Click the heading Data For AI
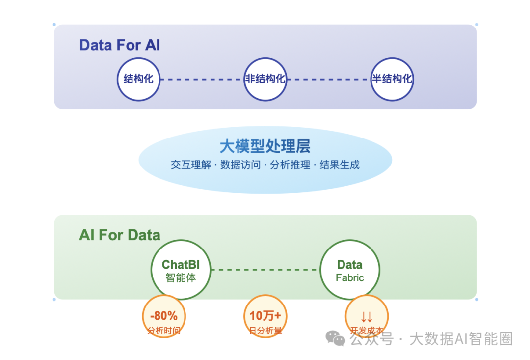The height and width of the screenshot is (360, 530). (x=120, y=45)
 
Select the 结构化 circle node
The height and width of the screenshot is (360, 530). (x=138, y=79)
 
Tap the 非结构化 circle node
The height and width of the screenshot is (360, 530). (x=265, y=79)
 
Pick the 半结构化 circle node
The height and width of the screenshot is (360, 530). (x=392, y=79)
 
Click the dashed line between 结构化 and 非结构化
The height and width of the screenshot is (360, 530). (x=202, y=79)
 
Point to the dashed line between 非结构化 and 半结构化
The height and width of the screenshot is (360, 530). (x=328, y=79)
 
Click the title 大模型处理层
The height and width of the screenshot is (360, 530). (x=265, y=146)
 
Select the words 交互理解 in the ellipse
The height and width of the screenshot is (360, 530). (x=191, y=165)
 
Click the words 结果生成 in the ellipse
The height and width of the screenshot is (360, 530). (x=340, y=165)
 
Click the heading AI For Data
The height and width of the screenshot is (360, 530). (x=120, y=235)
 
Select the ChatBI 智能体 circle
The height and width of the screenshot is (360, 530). (x=181, y=270)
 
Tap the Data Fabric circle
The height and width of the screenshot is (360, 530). (x=349, y=270)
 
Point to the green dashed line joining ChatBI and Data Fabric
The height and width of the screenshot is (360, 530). (x=265, y=270)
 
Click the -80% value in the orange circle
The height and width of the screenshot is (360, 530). (x=164, y=316)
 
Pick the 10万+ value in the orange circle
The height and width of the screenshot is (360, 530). (x=265, y=316)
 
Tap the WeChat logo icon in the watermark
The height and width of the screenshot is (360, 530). (x=336, y=338)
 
